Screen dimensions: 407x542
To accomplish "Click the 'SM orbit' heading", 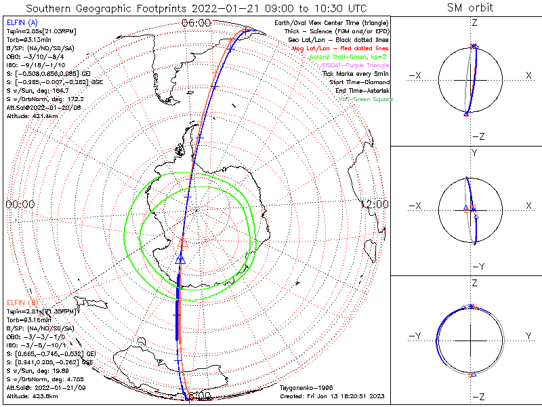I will tap(470, 8).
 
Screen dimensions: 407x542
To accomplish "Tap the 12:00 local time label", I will tap(374, 203).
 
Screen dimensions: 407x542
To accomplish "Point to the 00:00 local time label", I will tap(20, 203).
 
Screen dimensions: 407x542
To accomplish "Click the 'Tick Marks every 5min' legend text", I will tap(355, 73).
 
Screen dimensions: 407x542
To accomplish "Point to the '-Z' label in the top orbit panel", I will tap(477, 136).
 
